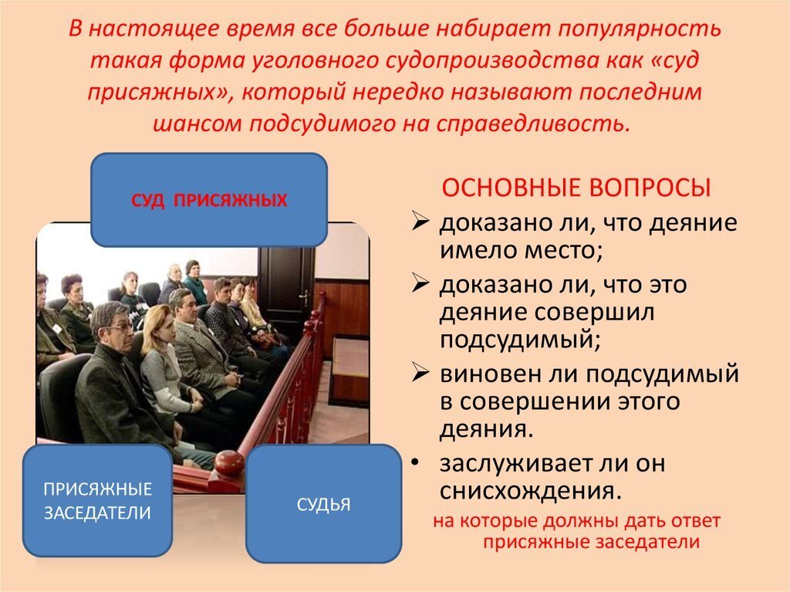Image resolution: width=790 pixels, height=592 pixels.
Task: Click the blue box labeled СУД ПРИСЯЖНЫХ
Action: click(x=209, y=200)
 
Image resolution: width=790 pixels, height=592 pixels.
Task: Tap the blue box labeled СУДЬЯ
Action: click(x=323, y=504)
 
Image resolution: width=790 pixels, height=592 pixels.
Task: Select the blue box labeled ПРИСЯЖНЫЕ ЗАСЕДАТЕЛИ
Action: click(x=98, y=501)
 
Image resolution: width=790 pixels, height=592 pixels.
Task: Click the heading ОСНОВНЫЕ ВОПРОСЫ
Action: click(x=576, y=188)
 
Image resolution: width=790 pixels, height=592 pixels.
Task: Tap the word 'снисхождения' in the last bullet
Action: click(x=531, y=490)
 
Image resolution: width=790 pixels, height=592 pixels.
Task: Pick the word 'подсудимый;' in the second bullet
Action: click(x=520, y=340)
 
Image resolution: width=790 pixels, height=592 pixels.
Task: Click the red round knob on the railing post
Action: click(x=229, y=462)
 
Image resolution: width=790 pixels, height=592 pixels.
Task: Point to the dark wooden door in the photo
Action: click(x=285, y=287)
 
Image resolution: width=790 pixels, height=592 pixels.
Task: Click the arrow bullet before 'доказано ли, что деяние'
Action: click(x=420, y=221)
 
